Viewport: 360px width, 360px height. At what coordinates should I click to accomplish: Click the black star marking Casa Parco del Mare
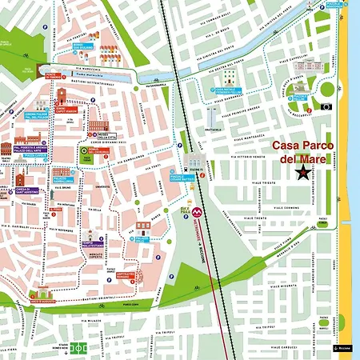click(x=303, y=172)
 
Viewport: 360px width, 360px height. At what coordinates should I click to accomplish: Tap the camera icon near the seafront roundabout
click(x=326, y=106)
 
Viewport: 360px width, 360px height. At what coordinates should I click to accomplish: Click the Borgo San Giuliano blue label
click(x=82, y=46)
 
